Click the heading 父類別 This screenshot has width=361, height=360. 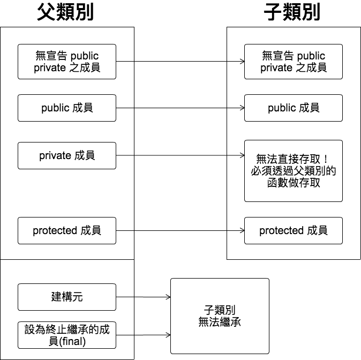(x=66, y=12)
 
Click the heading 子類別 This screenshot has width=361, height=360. (x=292, y=12)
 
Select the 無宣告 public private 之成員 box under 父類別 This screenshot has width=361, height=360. (x=67, y=62)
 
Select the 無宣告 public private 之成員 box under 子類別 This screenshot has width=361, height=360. (x=294, y=62)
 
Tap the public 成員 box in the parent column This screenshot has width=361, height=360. (x=67, y=108)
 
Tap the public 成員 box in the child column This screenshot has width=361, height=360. (x=294, y=108)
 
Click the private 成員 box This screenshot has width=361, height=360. (x=67, y=155)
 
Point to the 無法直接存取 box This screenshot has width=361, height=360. (x=294, y=171)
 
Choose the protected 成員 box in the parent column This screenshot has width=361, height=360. (x=67, y=230)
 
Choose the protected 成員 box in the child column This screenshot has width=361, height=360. (x=294, y=230)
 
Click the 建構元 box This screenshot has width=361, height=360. (x=67, y=297)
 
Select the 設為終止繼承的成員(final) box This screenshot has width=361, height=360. (x=67, y=335)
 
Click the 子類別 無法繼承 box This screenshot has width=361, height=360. (x=220, y=316)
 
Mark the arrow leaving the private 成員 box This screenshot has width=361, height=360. (x=180, y=155)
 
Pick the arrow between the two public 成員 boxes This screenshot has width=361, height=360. (x=180, y=108)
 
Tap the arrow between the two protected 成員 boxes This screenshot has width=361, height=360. (x=180, y=231)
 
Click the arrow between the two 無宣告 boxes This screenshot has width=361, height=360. (x=180, y=62)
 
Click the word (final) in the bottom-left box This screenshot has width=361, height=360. (x=72, y=341)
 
